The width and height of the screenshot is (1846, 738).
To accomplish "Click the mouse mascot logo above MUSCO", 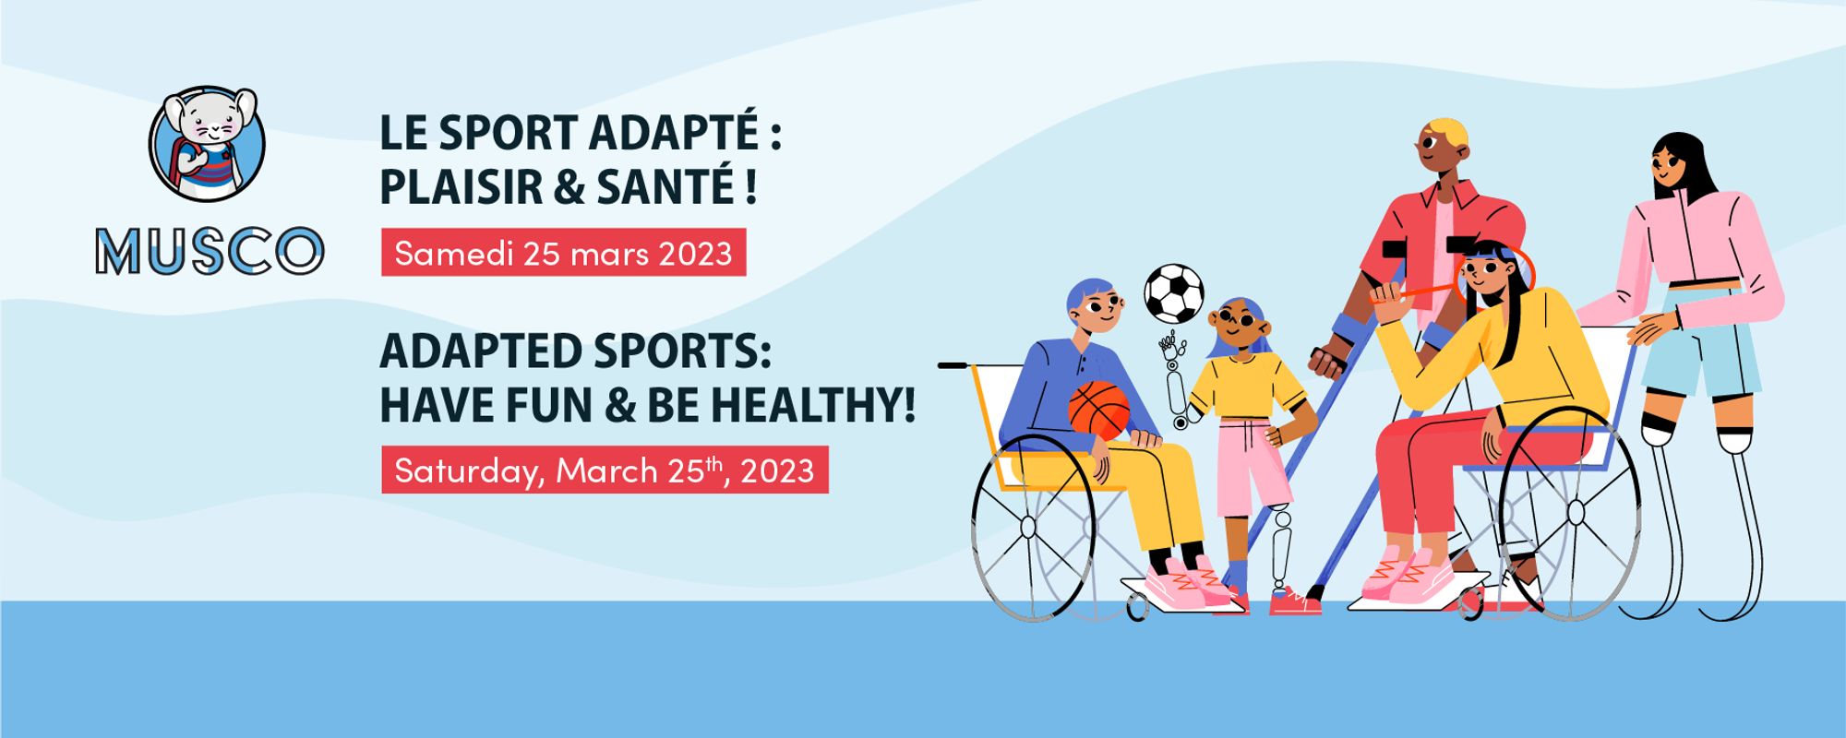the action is [x=207, y=145].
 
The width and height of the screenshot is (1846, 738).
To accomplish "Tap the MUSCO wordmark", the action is [x=210, y=251].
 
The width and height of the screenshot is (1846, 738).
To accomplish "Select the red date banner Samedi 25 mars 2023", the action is [x=564, y=253].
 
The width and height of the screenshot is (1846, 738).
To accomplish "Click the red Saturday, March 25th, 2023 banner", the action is [x=605, y=470].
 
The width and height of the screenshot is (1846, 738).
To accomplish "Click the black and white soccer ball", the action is [x=1174, y=293].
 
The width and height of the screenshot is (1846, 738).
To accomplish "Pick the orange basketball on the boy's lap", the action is [x=1099, y=410].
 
